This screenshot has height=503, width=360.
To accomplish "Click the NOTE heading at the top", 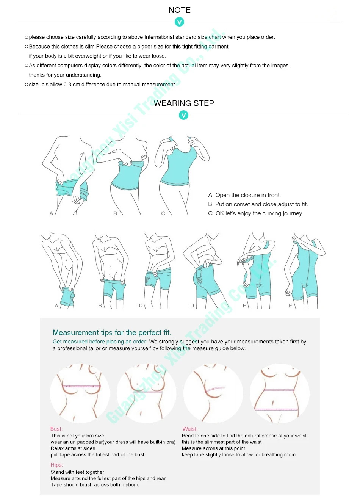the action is (179, 10).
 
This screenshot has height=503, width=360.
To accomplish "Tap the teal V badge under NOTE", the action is (179, 22).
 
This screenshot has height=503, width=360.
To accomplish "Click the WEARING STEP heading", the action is (183, 103).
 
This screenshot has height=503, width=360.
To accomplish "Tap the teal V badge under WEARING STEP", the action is (183, 115).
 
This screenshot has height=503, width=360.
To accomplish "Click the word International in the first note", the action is (159, 37).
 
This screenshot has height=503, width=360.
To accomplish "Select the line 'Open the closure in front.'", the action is (248, 195).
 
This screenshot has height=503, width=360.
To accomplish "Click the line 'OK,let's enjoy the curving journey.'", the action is (259, 213).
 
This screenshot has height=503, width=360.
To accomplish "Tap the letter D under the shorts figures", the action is (192, 306).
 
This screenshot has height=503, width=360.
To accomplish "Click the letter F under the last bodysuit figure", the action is (290, 306).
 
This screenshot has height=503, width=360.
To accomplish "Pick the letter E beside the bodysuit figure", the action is (244, 306).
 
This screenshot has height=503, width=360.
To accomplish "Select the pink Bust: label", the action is (56, 429).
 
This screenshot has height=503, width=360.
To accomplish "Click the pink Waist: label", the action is (190, 429).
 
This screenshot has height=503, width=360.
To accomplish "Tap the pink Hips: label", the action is (57, 465).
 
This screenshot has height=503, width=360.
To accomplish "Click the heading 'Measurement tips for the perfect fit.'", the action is (112, 332).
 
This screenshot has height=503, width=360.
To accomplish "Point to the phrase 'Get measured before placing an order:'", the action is (100, 342).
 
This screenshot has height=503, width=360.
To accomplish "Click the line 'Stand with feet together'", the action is (77, 472).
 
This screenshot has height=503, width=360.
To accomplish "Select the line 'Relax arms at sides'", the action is (73, 448).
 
